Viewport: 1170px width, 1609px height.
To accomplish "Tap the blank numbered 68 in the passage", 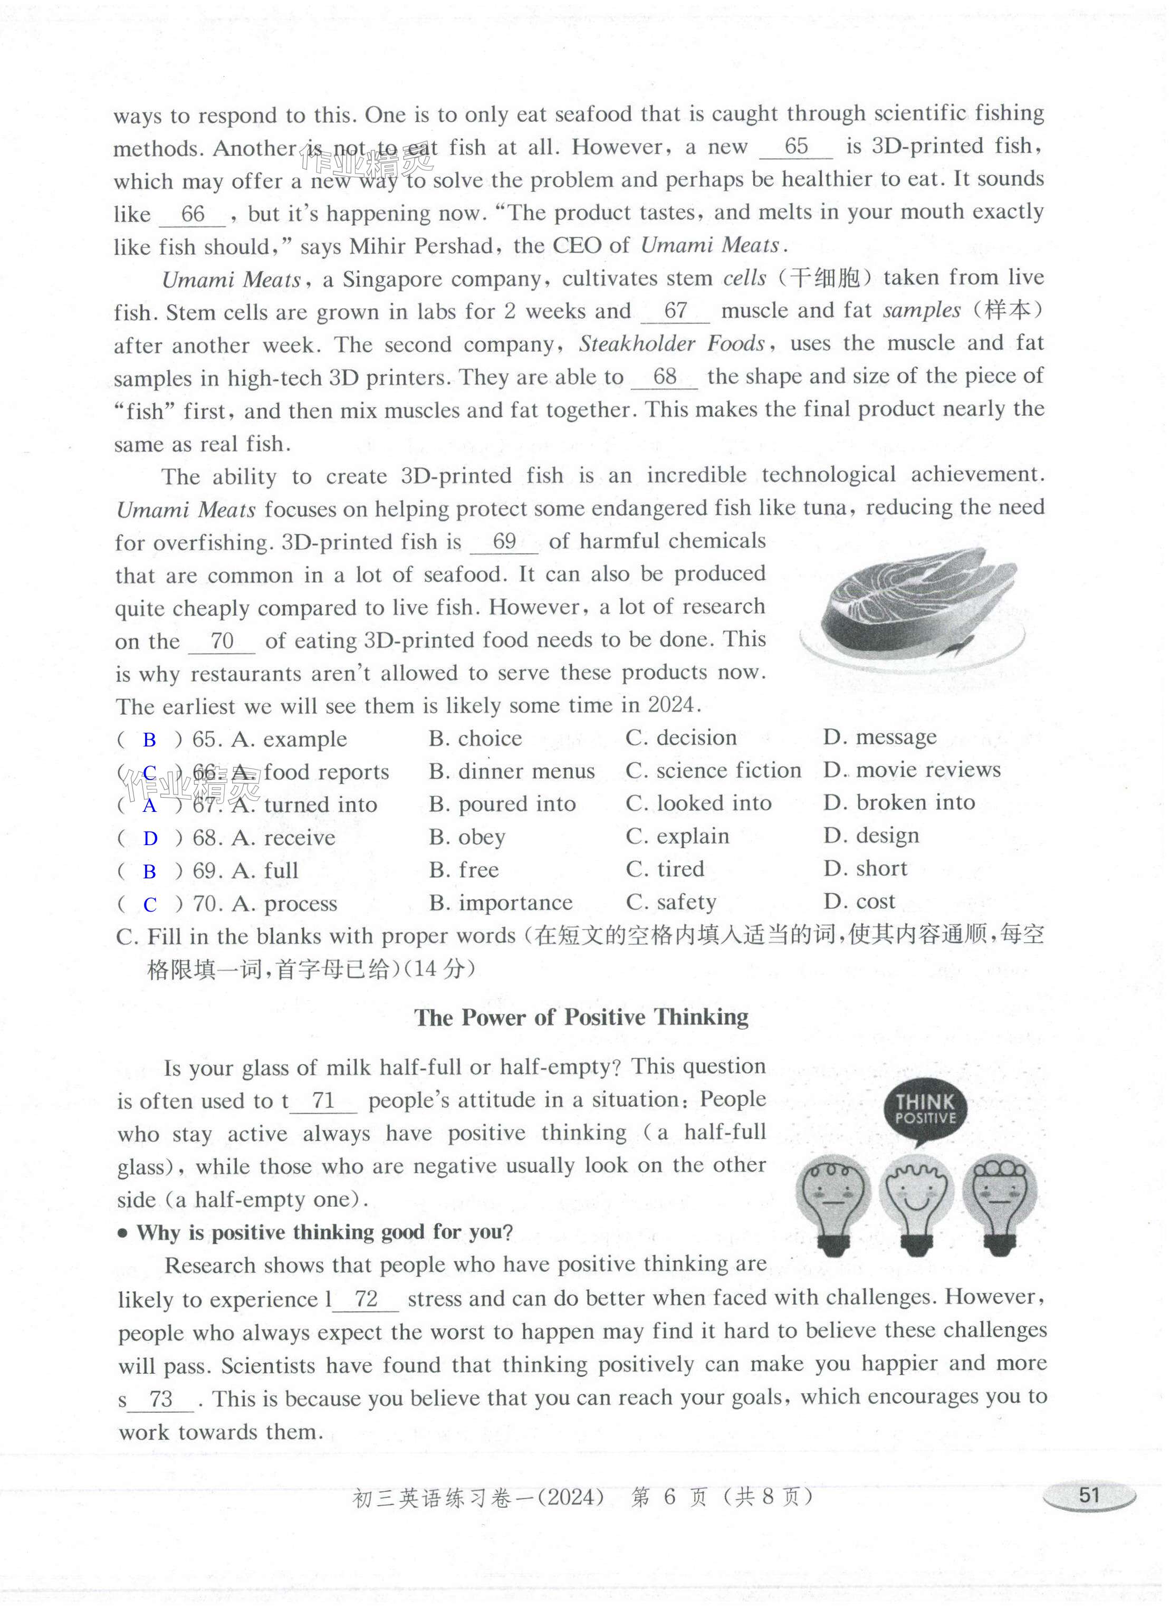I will click(x=664, y=377).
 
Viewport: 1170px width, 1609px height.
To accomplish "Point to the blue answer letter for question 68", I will click(x=150, y=839).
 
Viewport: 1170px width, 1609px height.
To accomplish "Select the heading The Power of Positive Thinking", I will click(x=581, y=1017).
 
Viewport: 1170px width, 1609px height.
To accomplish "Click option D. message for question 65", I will click(x=880, y=738).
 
